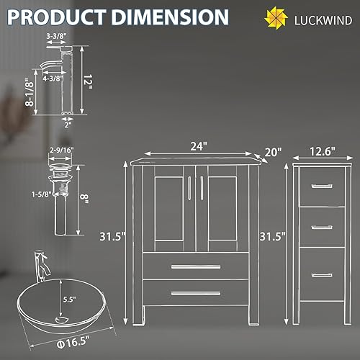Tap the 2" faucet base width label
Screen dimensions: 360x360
tap(68, 122)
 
